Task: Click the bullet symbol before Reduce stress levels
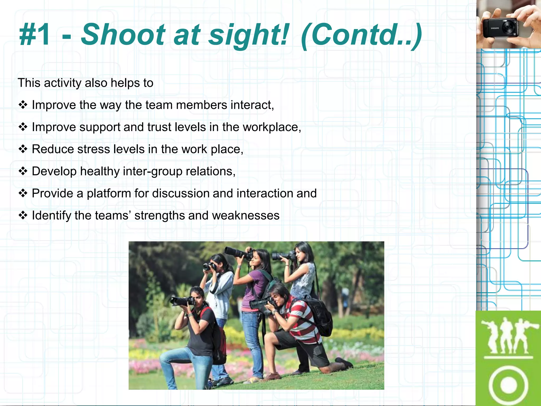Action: [x=23, y=149]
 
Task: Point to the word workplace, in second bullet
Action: [x=272, y=127]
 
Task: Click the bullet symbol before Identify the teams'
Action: [x=23, y=215]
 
